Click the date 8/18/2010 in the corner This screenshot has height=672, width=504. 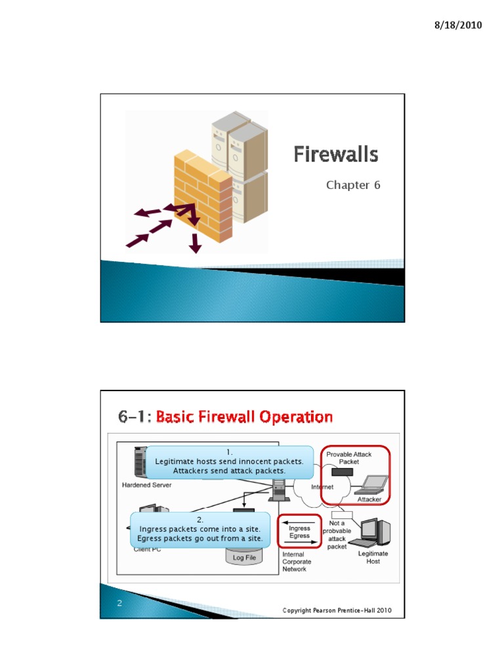(458, 26)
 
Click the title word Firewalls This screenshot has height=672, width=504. (335, 155)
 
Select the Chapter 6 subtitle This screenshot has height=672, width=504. (353, 185)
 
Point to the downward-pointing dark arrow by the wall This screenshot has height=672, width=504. (195, 242)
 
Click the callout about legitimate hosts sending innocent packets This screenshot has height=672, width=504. (229, 462)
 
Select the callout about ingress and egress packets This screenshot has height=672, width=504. (200, 530)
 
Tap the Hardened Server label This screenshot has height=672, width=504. (147, 486)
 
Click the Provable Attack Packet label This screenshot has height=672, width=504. (353, 458)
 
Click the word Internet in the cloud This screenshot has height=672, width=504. (322, 487)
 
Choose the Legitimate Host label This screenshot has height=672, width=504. (373, 557)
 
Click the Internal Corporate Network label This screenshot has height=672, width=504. (297, 562)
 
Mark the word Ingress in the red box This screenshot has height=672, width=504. (299, 528)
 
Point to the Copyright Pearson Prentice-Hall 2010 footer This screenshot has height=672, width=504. (337, 610)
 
